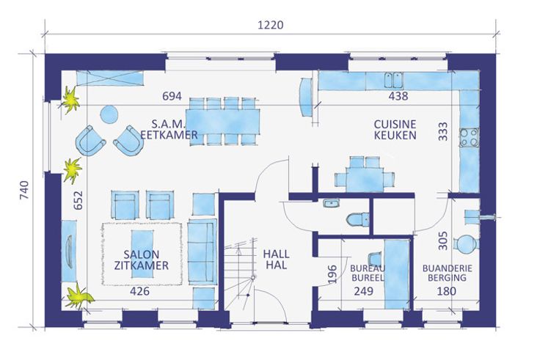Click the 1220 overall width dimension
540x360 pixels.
click(x=270, y=25)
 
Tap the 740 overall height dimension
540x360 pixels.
click(x=24, y=190)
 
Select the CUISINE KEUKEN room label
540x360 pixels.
click(x=395, y=130)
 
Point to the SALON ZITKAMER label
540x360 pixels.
click(x=141, y=260)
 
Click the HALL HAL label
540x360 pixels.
click(x=276, y=260)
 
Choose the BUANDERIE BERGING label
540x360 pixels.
click(x=447, y=273)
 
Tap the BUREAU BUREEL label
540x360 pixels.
click(x=368, y=273)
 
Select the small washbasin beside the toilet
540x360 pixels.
click(x=332, y=203)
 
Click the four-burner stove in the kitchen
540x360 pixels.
click(x=470, y=137)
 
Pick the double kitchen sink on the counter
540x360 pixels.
click(x=394, y=81)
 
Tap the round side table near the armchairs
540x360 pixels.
click(x=109, y=114)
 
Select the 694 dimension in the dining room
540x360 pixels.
click(x=172, y=96)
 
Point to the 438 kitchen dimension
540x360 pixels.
click(x=398, y=96)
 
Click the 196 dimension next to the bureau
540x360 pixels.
click(x=332, y=274)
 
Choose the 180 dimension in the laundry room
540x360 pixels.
click(x=447, y=291)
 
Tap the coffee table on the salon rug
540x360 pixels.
click(x=142, y=254)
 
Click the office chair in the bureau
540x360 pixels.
click(x=375, y=259)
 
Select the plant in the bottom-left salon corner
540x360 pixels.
click(x=79, y=297)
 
